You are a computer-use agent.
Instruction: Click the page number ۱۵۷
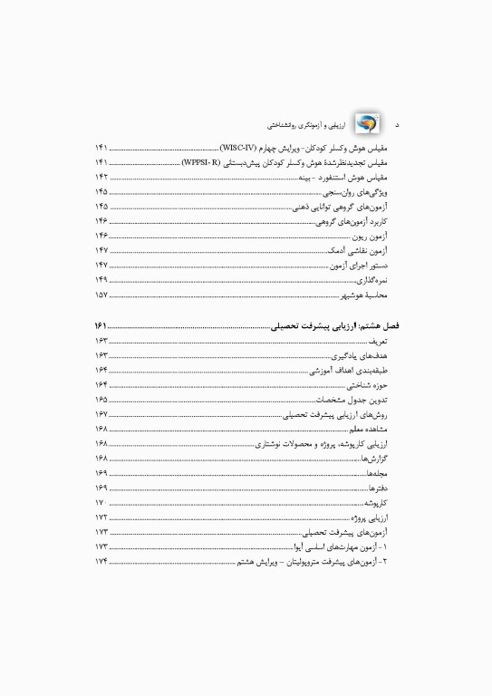click(101, 295)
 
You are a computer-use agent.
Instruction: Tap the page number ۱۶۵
click(101, 399)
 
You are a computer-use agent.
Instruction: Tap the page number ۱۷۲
click(101, 517)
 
